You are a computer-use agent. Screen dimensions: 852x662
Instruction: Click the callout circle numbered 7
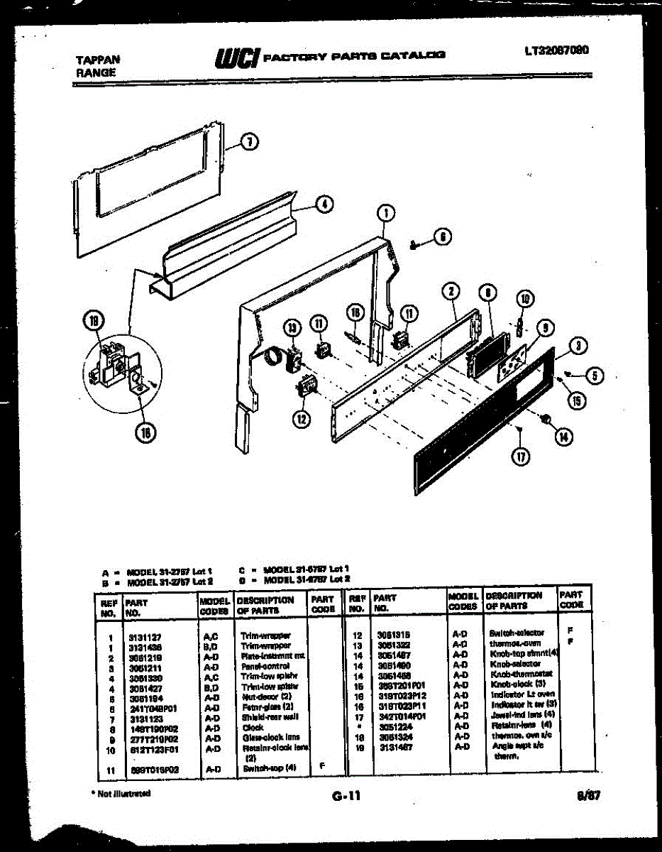[x=248, y=142]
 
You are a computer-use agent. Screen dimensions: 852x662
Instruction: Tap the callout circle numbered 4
[x=323, y=204]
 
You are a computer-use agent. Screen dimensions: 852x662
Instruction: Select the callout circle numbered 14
[x=563, y=437]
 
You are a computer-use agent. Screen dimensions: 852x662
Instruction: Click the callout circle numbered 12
[x=302, y=418]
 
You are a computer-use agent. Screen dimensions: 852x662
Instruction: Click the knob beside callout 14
[x=546, y=420]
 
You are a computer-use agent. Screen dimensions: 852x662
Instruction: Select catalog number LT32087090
[x=557, y=51]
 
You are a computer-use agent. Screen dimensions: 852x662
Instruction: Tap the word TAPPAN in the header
[x=98, y=60]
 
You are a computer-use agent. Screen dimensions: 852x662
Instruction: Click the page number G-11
[x=346, y=796]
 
